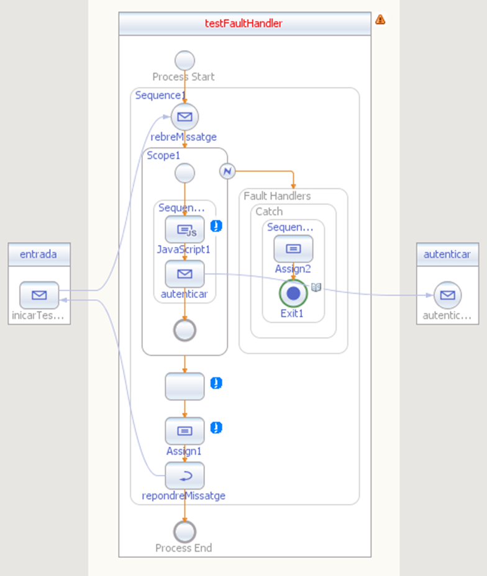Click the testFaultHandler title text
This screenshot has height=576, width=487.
tap(243, 24)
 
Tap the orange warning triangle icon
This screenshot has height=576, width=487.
tap(380, 19)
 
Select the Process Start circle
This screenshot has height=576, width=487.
tap(184, 60)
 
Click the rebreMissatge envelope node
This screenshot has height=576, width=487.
tap(184, 117)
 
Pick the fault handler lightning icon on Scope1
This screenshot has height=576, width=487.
tap(227, 171)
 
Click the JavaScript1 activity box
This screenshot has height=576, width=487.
tap(184, 230)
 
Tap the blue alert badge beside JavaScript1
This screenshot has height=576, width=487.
tap(216, 226)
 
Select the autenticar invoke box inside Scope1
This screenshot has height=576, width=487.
tap(184, 274)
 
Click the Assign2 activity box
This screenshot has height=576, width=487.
tap(293, 249)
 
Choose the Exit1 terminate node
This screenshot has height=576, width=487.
tap(293, 293)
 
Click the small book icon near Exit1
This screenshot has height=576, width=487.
tap(316, 287)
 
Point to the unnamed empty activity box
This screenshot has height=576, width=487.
tap(184, 387)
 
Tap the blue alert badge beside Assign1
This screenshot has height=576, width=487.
tap(216, 428)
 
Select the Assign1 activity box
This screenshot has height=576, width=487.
tap(184, 431)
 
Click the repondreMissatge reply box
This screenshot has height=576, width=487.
tap(184, 475)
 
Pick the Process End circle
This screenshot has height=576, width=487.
tap(184, 531)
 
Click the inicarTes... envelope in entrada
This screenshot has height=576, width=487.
tap(39, 295)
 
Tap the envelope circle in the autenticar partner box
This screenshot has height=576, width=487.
tap(447, 295)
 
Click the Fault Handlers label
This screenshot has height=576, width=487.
tap(277, 196)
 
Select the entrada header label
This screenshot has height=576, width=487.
tap(39, 254)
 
